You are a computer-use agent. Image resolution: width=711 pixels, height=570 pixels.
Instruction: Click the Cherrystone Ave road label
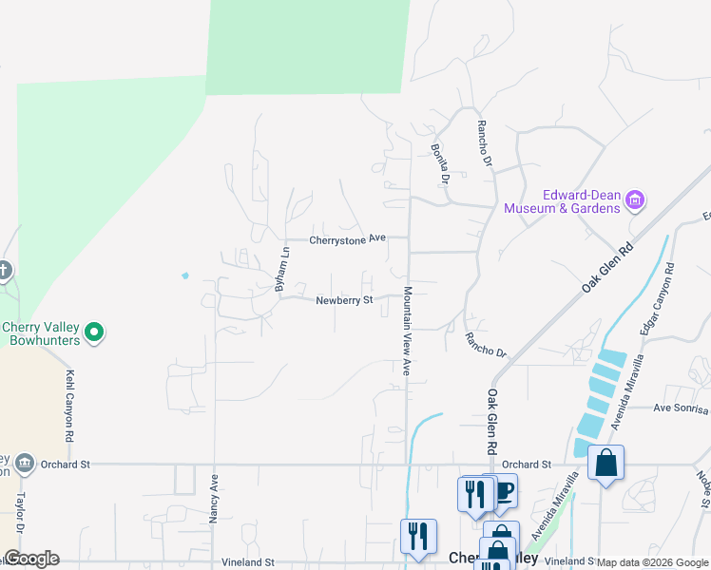click(347, 240)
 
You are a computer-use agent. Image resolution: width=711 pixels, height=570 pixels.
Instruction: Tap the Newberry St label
click(344, 299)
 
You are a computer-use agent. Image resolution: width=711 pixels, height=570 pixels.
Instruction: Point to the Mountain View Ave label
click(407, 332)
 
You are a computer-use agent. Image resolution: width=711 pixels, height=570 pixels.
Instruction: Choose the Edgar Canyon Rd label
click(662, 298)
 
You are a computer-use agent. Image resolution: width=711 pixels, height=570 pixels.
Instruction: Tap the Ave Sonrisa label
click(681, 409)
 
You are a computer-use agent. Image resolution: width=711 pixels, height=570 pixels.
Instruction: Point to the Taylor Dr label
click(18, 517)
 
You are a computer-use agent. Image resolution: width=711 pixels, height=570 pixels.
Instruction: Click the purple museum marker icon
click(635, 201)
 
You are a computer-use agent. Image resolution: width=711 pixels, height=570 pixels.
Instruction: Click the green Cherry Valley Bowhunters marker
click(93, 332)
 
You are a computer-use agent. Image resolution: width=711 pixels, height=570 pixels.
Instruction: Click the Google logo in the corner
click(31, 559)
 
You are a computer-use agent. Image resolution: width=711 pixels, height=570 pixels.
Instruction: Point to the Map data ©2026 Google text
click(652, 562)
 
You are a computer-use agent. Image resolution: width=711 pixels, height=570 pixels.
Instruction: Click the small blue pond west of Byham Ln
click(184, 276)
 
